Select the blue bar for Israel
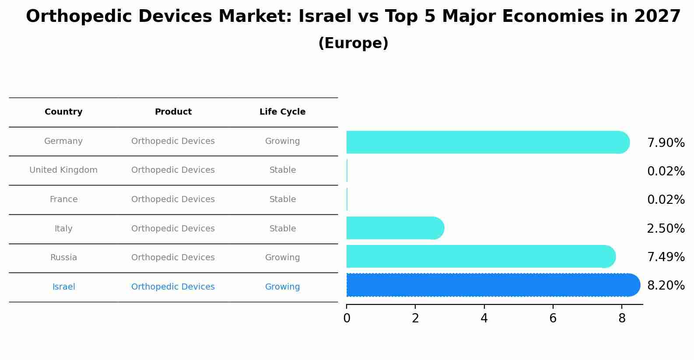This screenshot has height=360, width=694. point(493,285)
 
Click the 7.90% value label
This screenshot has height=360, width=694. point(666,143)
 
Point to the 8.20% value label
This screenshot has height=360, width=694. point(666,286)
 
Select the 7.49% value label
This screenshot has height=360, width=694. point(666,257)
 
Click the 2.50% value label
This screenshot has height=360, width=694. point(666,229)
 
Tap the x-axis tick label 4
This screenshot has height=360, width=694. point(484,318)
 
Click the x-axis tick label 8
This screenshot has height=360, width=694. point(622,318)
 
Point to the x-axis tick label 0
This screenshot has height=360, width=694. point(347,318)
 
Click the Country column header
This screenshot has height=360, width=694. point(63,112)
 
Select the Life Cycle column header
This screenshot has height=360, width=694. point(282,112)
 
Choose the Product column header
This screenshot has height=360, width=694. point(173,112)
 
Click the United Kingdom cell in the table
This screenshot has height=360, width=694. point(63,170)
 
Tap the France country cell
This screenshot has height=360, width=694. point(63,199)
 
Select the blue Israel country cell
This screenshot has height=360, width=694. point(63,287)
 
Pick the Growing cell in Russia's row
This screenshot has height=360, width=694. point(282,258)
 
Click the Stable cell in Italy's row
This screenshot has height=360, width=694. point(282,229)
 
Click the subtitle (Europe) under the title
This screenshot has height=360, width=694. point(353,43)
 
